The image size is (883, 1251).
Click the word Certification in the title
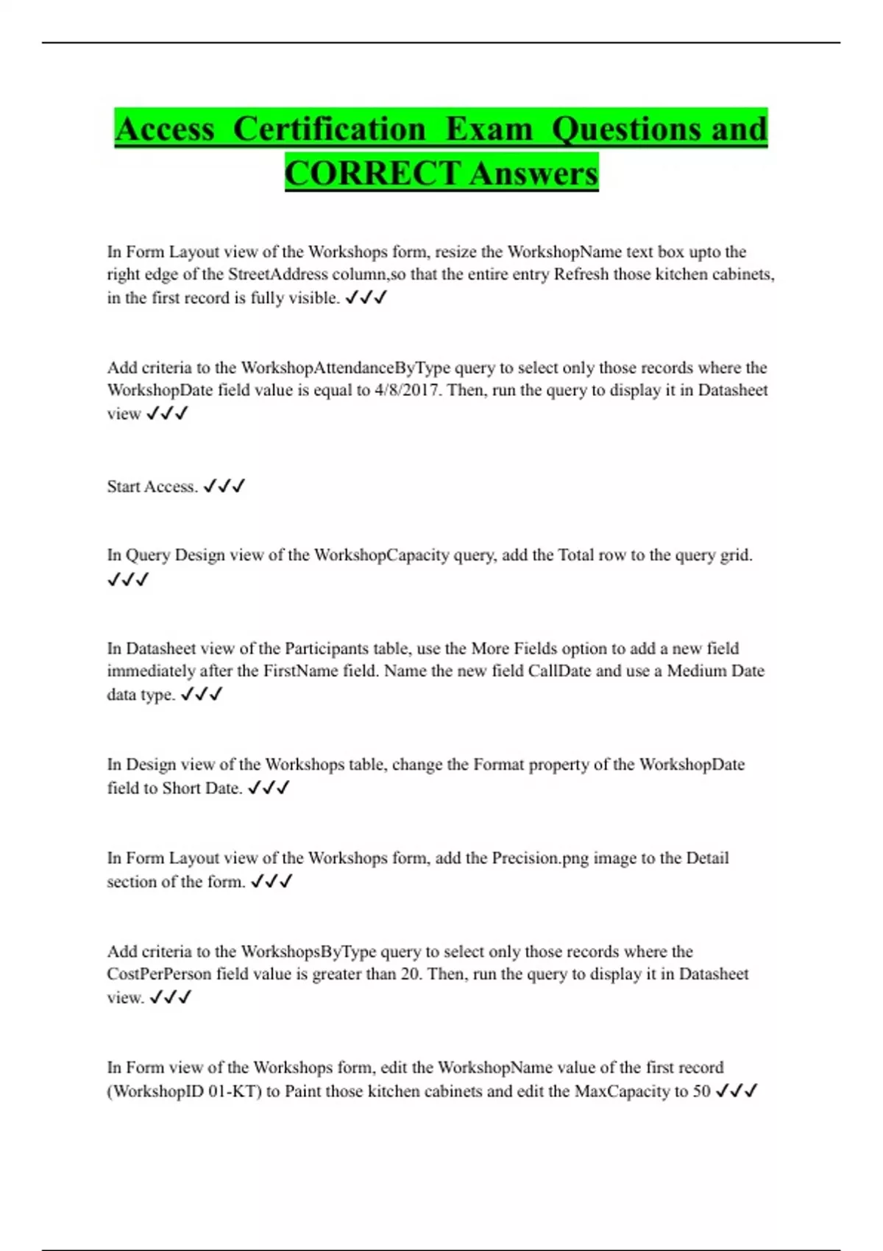pyautogui.click(x=329, y=129)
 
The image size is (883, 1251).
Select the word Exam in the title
pyautogui.click(x=489, y=129)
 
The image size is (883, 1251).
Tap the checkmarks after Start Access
pyautogui.click(x=224, y=486)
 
